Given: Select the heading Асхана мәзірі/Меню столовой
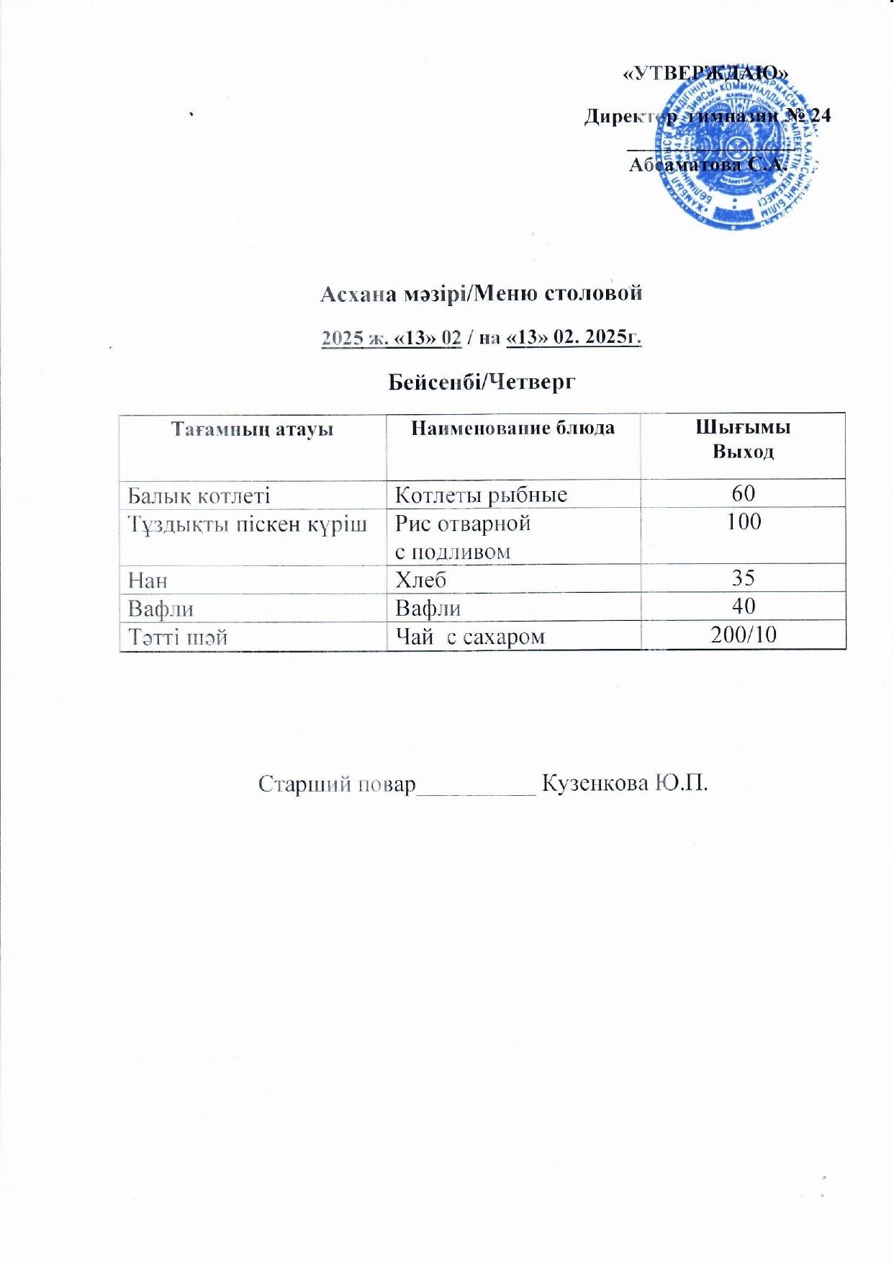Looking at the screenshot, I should [480, 293].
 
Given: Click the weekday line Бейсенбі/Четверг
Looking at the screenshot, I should [482, 382].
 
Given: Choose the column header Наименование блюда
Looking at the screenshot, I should [513, 428].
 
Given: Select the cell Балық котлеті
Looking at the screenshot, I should [199, 495].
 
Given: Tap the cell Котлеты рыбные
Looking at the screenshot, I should [482, 495].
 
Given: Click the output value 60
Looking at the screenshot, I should [743, 493].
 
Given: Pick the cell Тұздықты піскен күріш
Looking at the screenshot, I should [247, 524].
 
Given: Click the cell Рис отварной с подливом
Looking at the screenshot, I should [464, 537].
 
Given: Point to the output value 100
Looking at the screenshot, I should [743, 521].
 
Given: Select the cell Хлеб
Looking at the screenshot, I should [421, 579].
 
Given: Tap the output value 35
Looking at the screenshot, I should [743, 578].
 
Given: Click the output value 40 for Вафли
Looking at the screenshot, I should [743, 606].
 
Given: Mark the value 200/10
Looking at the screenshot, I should [743, 634].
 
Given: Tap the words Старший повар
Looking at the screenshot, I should [337, 784].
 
